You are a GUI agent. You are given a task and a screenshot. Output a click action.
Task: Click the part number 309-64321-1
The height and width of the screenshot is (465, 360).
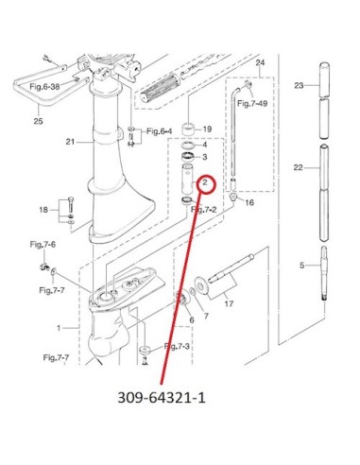162,398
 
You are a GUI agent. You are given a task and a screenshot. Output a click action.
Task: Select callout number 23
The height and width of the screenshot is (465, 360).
299,85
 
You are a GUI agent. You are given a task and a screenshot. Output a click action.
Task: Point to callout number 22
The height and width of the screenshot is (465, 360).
298,167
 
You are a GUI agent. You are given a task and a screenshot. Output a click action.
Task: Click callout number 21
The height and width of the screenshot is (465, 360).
70,142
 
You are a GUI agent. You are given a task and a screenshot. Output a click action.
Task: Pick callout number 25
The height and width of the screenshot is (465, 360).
38,121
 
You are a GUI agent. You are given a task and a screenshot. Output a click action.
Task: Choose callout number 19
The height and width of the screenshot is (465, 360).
207,129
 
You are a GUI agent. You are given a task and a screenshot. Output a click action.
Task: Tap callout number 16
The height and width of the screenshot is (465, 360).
249,202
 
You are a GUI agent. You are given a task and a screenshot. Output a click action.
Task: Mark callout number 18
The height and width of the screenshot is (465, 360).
43,210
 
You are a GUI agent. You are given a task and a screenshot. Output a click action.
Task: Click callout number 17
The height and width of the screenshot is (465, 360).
229,303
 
